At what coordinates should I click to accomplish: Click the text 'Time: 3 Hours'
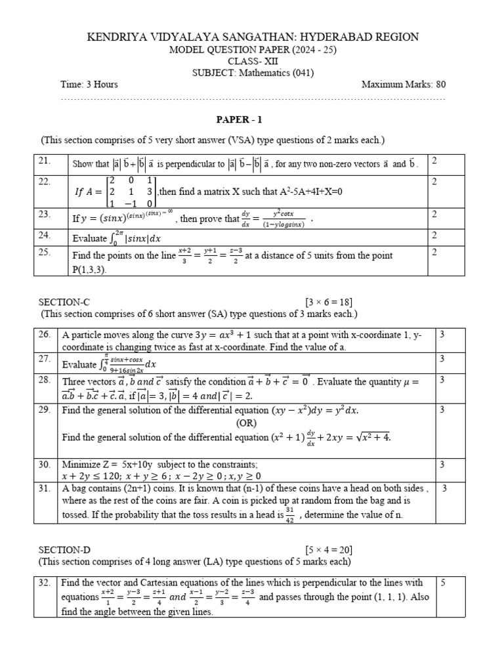click(x=89, y=85)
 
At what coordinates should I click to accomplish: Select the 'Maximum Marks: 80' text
click(x=404, y=85)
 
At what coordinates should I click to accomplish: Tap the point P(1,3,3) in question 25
click(x=93, y=269)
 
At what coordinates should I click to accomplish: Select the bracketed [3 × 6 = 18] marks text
click(x=329, y=302)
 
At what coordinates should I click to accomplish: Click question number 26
click(x=45, y=335)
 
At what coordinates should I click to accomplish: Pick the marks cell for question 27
click(x=442, y=359)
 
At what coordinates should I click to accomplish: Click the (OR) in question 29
click(x=246, y=423)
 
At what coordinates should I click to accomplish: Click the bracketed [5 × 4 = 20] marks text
click(x=329, y=549)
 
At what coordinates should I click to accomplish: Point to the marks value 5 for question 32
click(x=442, y=583)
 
